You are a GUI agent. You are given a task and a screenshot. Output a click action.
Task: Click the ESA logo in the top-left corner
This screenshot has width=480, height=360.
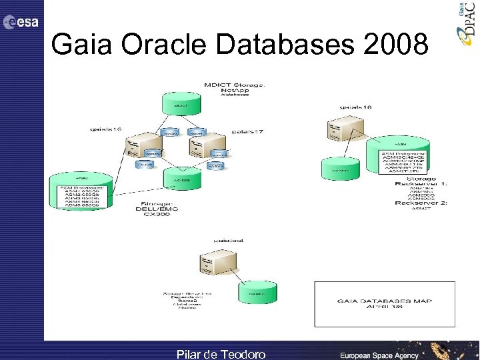pyautogui.click(x=21, y=22)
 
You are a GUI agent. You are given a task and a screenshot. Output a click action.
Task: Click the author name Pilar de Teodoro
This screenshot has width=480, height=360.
pyautogui.click(x=221, y=354)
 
